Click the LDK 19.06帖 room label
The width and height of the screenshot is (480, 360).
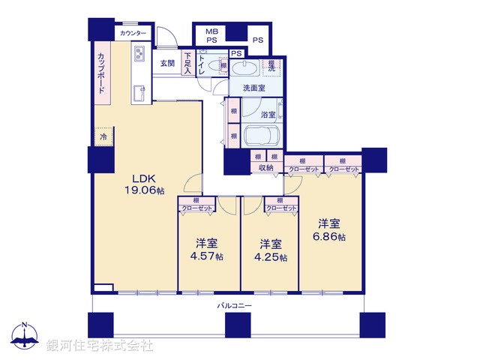[144, 184]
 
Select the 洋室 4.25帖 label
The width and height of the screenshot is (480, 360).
[271, 250]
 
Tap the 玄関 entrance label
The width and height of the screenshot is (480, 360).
[166, 64]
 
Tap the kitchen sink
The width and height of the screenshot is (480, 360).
[139, 92]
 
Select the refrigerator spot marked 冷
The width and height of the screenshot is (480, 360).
[103, 137]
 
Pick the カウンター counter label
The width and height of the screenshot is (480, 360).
[133, 33]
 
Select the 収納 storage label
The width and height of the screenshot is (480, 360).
[266, 168]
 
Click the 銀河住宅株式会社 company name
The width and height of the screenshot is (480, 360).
[100, 346]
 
